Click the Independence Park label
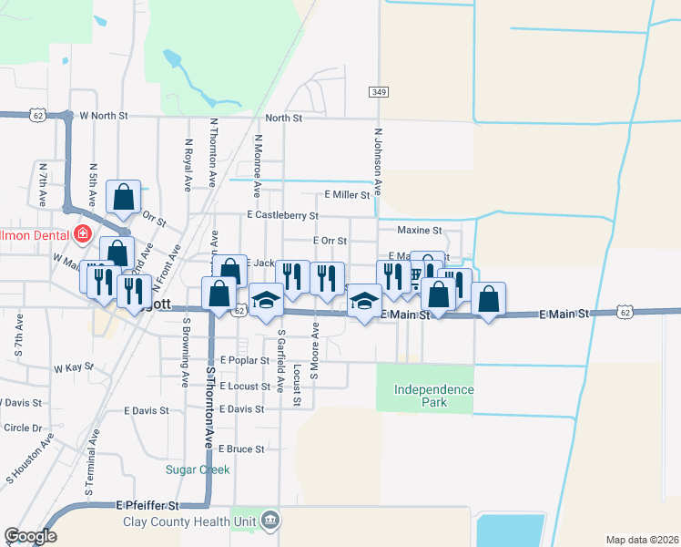pos(433,396)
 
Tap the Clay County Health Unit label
pos(190,521)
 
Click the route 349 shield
pos(380,92)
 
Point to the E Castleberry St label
pos(282,216)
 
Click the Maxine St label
pos(418,231)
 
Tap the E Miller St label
pos(347,195)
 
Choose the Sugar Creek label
pos(198,470)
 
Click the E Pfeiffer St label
pos(148,505)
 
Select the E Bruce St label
pos(240,449)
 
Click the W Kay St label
pos(74,368)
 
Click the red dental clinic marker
pos(82,233)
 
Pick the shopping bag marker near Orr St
pos(123,196)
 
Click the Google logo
pos(30,536)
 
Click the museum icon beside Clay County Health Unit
pos(269,521)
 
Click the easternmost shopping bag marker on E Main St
pos(488,298)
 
